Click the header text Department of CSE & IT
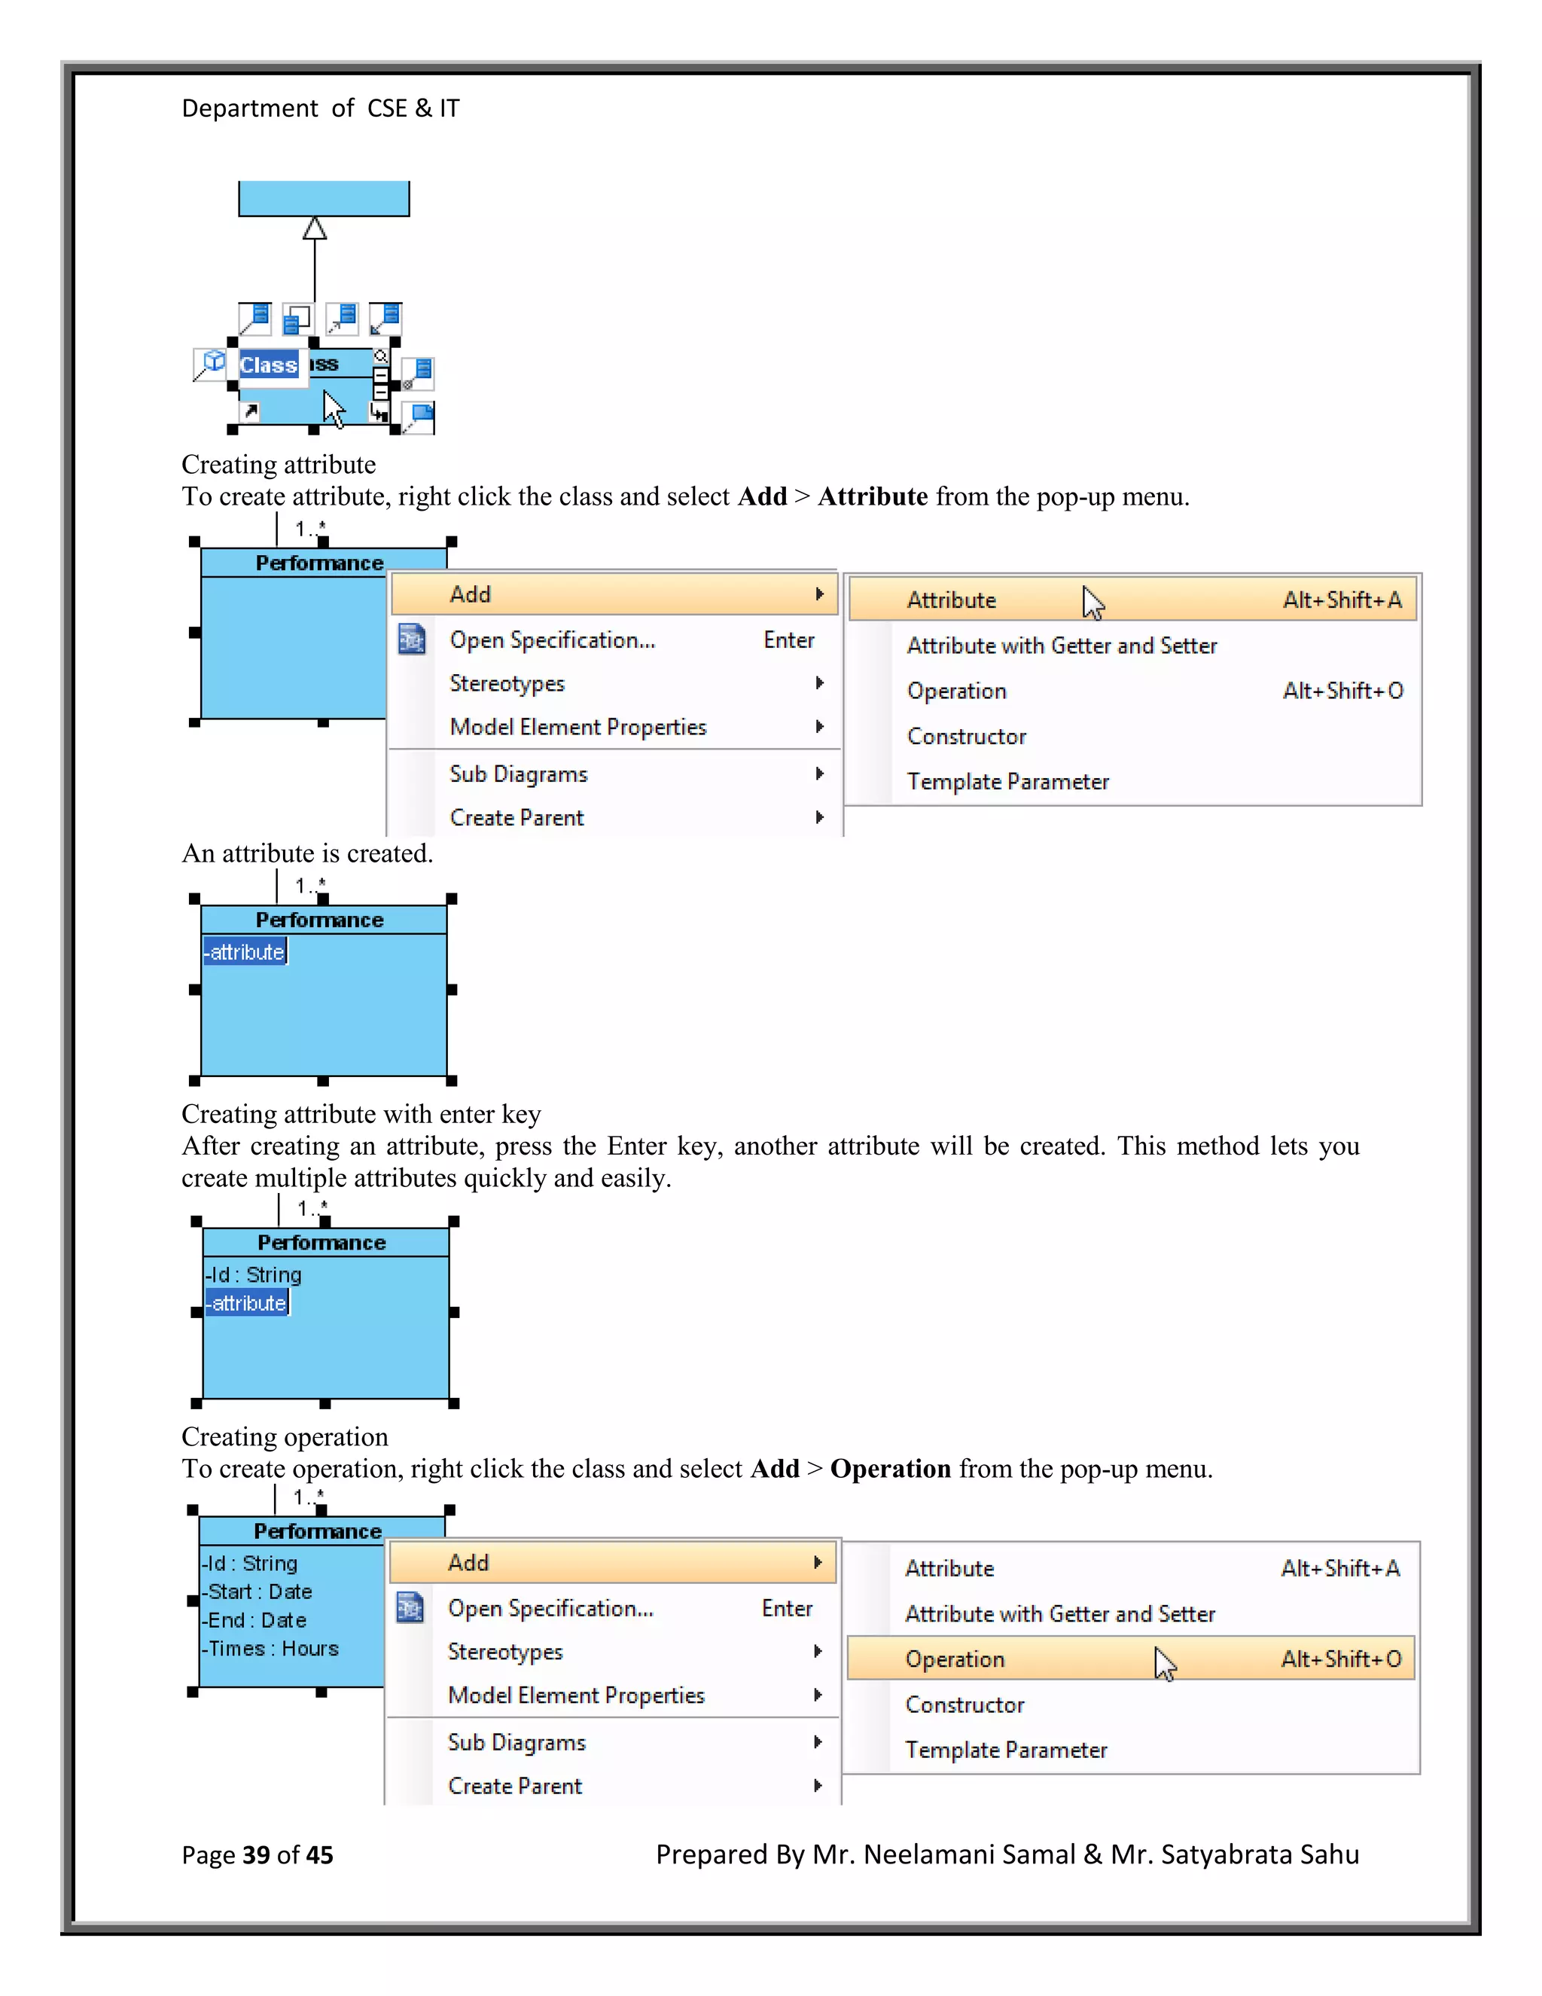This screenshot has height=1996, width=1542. [320, 108]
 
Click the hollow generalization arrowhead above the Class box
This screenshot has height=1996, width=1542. [314, 227]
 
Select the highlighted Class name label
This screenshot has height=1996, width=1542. [269, 365]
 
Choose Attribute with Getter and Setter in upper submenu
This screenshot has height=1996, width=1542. [1062, 646]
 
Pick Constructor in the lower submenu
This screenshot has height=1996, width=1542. [965, 1705]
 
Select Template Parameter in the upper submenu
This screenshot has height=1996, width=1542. [1007, 783]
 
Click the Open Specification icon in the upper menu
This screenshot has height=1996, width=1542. [412, 639]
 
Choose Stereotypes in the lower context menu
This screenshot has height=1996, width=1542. [505, 1653]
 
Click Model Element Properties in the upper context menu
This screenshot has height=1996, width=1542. [578, 728]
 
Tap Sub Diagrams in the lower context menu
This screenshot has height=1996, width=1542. [516, 1743]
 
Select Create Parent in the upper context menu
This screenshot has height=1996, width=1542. [517, 818]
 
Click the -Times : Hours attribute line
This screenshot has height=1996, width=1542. [271, 1649]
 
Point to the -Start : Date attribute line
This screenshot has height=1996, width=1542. [258, 1592]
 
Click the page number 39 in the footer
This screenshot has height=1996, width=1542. [256, 1855]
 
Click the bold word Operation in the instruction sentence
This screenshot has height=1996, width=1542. [891, 1469]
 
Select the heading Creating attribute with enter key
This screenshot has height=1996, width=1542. [361, 1114]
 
